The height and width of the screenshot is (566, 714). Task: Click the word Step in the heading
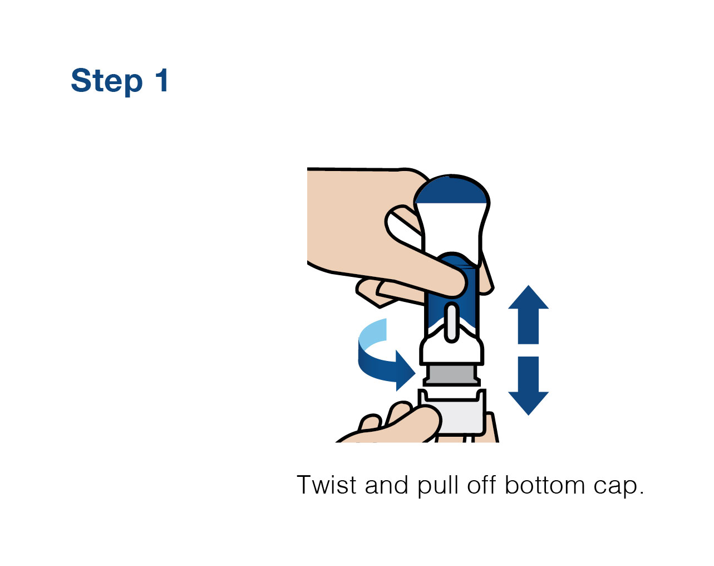pos(107,82)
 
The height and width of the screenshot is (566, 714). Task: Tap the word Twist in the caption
pos(327,485)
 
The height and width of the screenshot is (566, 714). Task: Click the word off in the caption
pos(481,485)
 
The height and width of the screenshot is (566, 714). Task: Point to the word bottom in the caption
pos(545,485)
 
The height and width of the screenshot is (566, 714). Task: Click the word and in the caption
pos(386,485)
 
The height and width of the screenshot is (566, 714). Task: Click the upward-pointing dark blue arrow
pos(528,314)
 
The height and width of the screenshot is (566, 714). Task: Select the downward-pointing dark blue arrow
pos(528,386)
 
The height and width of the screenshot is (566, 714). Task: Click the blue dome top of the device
pos(452,191)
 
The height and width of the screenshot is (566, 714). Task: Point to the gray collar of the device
pos(452,375)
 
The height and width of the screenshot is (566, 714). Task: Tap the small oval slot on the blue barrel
pos(451,323)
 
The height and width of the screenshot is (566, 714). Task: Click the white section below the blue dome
pos(451,229)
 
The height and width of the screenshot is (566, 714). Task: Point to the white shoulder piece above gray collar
pos(451,349)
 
